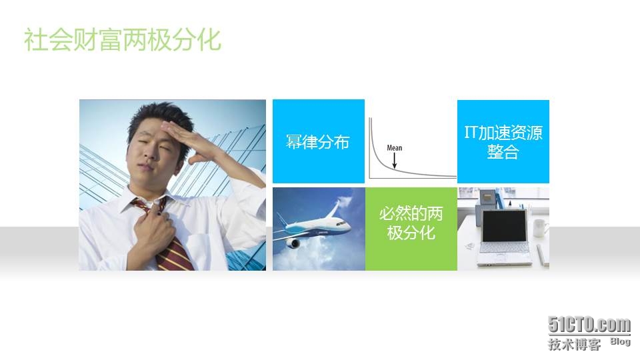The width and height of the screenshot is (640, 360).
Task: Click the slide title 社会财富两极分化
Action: pyautogui.click(x=123, y=39)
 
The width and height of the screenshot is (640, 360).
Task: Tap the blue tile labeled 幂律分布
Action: pyautogui.click(x=319, y=141)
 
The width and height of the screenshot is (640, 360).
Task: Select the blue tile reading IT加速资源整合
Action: pyautogui.click(x=503, y=141)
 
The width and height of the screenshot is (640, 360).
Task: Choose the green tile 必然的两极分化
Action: pyautogui.click(x=411, y=229)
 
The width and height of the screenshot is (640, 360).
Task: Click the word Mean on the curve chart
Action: pyautogui.click(x=394, y=148)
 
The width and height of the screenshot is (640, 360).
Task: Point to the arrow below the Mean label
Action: pyautogui.click(x=394, y=161)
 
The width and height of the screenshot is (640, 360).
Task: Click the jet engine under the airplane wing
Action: pyautogui.click(x=293, y=244)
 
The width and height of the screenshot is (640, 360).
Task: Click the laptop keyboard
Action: pyautogui.click(x=505, y=248)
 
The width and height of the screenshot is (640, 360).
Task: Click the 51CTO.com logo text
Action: pyautogui.click(x=589, y=325)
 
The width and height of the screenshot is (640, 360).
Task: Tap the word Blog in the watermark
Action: pyautogui.click(x=621, y=341)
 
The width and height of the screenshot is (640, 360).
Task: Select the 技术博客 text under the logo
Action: pyautogui.click(x=574, y=344)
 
